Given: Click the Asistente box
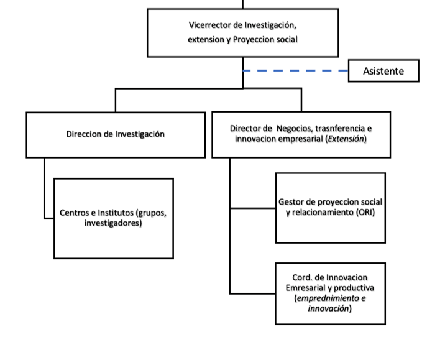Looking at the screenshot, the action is tap(383, 71).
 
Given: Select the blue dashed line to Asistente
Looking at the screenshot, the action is tap(295, 71).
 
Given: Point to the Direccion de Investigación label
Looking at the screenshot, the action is tap(116, 134).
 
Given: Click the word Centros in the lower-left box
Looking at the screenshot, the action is tap(75, 213).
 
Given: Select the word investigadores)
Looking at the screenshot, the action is tap(113, 223).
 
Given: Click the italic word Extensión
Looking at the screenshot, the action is tap(346, 139).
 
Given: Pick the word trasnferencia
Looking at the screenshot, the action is tap(341, 129).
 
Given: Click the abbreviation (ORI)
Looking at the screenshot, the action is tap(365, 213).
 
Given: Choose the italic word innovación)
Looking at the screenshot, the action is tap(329, 308).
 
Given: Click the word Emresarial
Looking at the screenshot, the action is tap(305, 288).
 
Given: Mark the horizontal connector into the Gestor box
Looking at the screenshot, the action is tap(253, 208).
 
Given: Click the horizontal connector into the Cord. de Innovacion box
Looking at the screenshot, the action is tap(252, 293).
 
